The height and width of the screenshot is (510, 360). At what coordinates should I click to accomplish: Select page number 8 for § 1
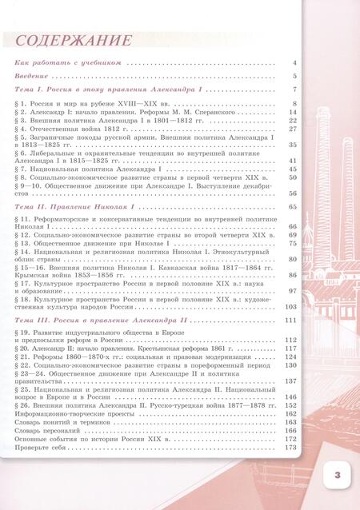tap(295, 105)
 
